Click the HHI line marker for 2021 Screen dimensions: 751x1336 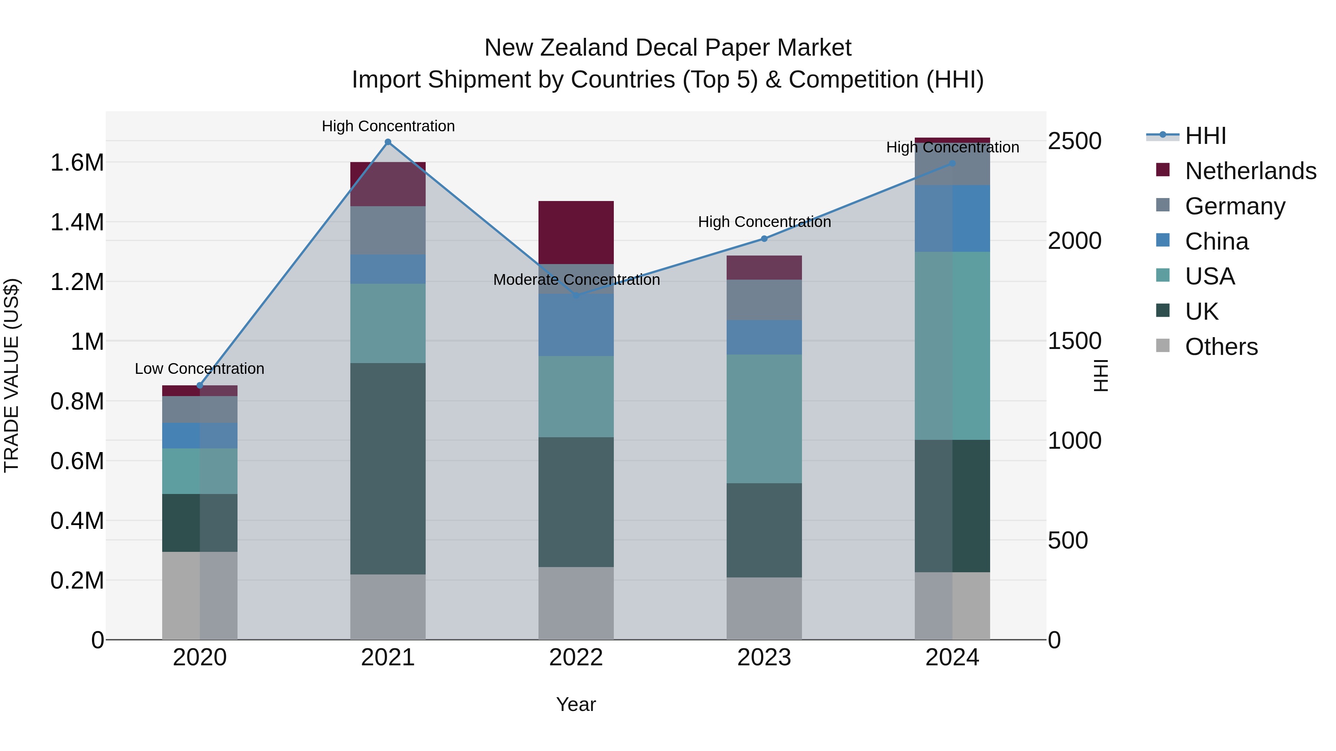point(388,142)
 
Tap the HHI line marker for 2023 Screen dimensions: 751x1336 point(764,238)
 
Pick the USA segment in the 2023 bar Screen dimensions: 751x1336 point(764,418)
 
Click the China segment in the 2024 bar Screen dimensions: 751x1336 point(952,218)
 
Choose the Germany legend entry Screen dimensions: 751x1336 point(1234,206)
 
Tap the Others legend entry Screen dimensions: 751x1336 point(1221,347)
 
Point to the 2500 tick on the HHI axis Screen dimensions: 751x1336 point(1075,141)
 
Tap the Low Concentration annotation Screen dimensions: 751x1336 point(199,369)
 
